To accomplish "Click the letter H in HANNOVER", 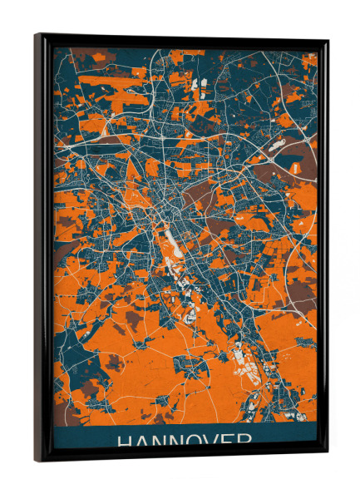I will point(126,441).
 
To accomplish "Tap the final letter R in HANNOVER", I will point(249,441).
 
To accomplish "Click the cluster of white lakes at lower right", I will point(249,358).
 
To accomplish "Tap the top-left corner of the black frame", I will point(37,36).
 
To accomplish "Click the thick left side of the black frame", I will point(43,249).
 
